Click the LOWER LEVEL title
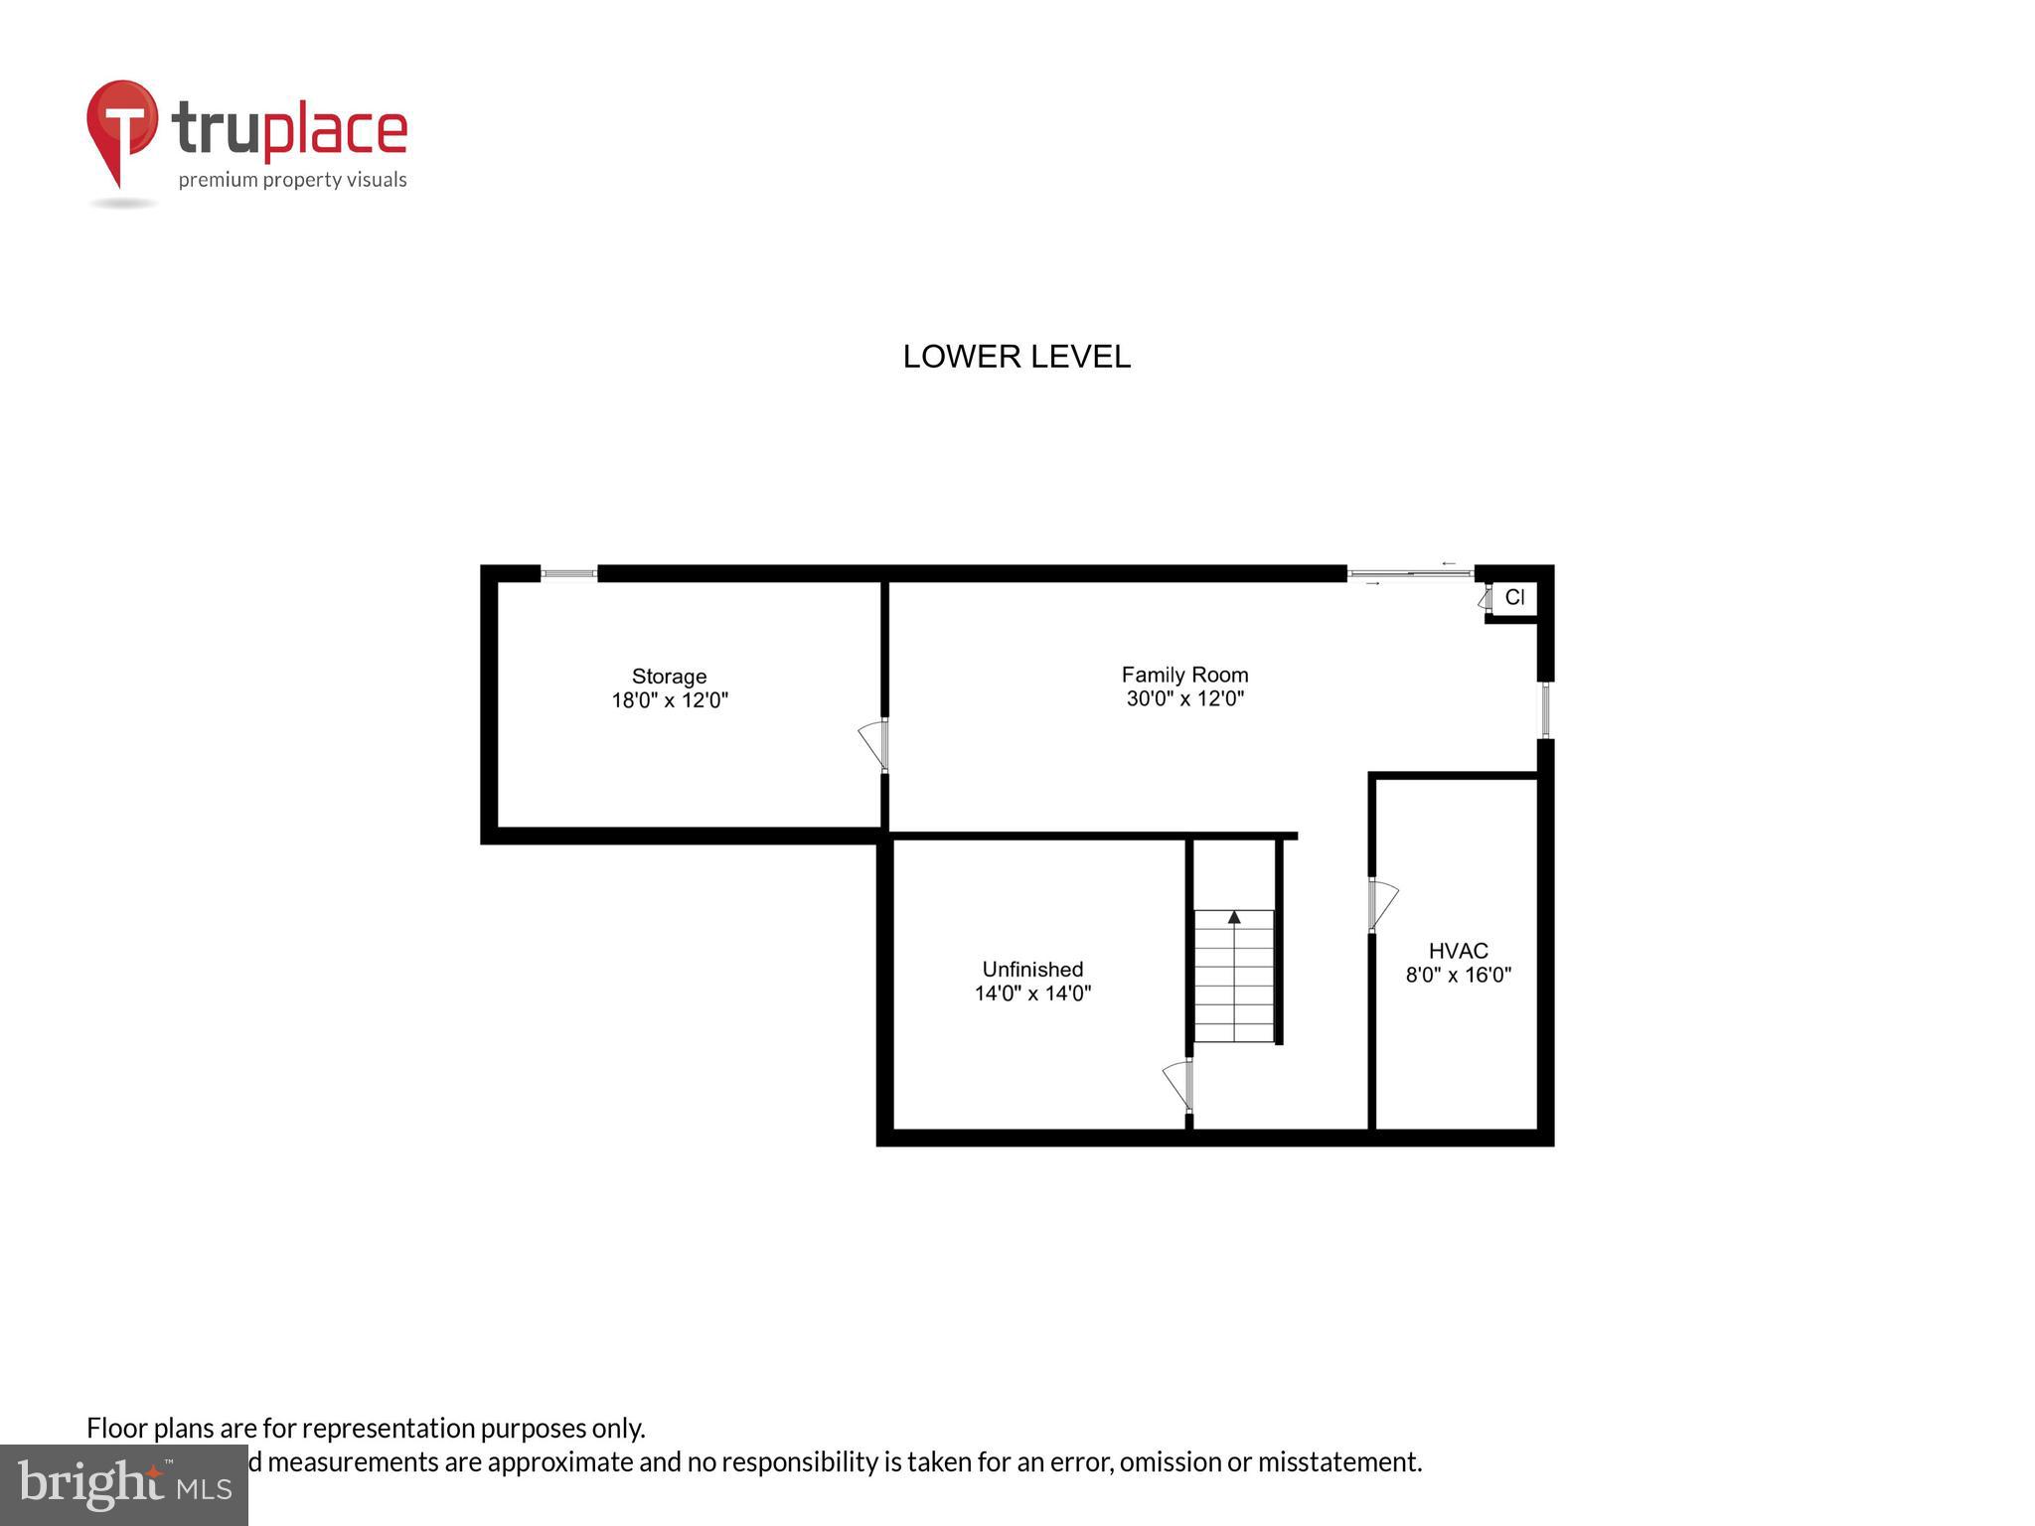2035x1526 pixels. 1016,357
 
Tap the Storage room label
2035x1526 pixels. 669,677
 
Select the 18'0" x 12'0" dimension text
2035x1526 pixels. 669,700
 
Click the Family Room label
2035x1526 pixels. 1184,675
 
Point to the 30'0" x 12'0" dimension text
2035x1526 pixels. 1184,698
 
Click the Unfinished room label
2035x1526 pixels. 1032,969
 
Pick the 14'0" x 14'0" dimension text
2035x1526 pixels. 1032,992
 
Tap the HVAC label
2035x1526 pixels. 1458,951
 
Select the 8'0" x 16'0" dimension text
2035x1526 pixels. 1458,975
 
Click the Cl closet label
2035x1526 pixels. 1514,597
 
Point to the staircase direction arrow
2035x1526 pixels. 1234,917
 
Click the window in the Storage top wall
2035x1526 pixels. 568,573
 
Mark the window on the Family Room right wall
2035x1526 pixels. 1545,709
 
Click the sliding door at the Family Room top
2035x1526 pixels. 1410,573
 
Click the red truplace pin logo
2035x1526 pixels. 122,129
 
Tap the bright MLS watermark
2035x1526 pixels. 123,1485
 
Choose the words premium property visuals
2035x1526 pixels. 292,180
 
